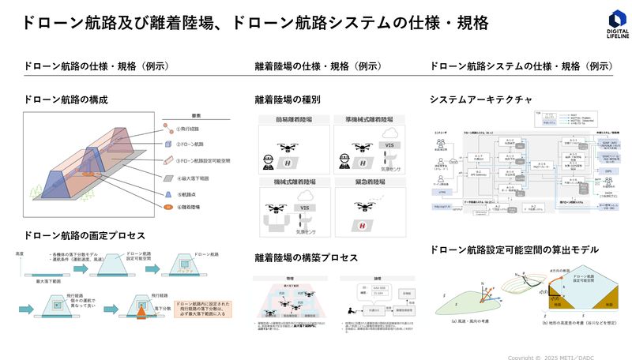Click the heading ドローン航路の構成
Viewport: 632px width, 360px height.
tap(66, 99)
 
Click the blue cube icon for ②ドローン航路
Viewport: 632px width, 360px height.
tap(167, 144)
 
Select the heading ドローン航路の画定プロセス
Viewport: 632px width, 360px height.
tap(85, 235)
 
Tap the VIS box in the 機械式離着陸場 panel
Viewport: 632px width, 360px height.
tap(303, 208)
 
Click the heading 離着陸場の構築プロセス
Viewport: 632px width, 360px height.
tap(306, 258)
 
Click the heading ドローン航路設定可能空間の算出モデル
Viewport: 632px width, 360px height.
tap(513, 249)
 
